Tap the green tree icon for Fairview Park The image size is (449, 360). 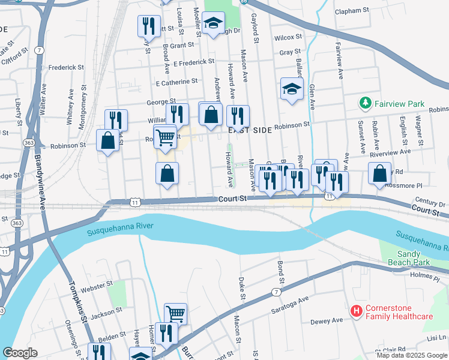[x=364, y=103]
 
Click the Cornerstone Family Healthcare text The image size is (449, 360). [x=399, y=312]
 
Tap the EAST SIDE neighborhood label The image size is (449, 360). [x=247, y=130]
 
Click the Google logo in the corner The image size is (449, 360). [x=20, y=353]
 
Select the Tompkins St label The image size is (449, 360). [x=77, y=300]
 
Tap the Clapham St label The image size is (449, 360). [x=352, y=11]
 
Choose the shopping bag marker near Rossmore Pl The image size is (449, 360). [x=379, y=173]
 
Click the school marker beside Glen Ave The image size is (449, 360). [x=292, y=89]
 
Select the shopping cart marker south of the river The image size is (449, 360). [x=175, y=313]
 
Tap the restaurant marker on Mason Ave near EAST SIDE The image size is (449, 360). [x=238, y=115]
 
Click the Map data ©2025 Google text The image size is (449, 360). [x=411, y=355]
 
